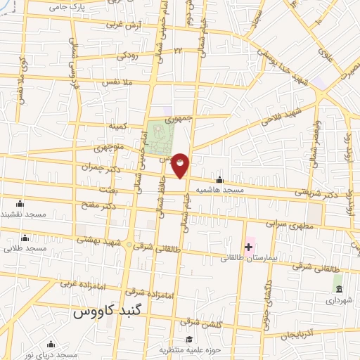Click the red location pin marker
tap(180, 165)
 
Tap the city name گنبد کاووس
tap(109, 310)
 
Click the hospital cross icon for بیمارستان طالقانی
tap(247, 247)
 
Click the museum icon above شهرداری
tap(338, 289)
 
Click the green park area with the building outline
tap(160, 136)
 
